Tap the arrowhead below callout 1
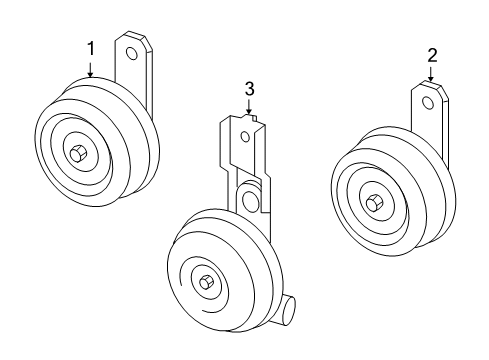coord(90,74)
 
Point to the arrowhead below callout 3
coord(249,118)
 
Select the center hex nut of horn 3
coord(206,282)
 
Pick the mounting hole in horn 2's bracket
coord(429,101)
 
